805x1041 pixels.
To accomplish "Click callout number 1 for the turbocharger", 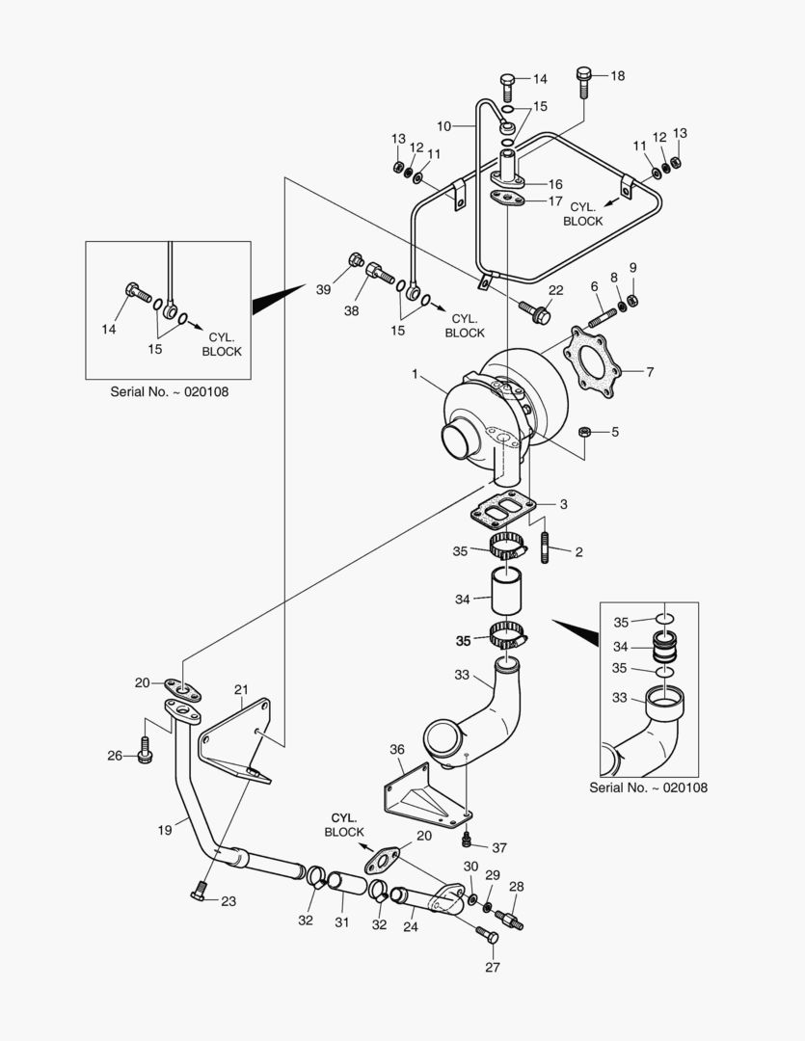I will coord(416,373).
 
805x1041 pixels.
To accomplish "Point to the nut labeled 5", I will coord(583,431).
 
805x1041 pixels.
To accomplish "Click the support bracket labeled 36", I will coord(418,790).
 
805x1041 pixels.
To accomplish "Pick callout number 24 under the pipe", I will coord(411,928).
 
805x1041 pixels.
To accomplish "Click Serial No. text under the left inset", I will coord(169,392).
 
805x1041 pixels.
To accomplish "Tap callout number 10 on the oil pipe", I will coord(443,125).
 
